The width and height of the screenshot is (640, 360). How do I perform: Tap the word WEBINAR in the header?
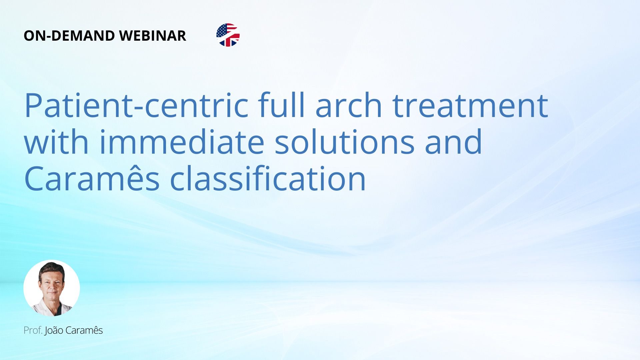pos(152,36)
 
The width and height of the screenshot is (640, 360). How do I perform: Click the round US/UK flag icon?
pos(228,35)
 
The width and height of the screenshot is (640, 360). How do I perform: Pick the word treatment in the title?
pos(470,106)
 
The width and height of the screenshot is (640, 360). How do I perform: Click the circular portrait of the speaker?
pos(52,288)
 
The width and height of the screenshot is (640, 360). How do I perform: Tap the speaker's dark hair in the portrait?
pos(52,268)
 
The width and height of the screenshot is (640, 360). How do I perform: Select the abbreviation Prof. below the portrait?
pos(33,330)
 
